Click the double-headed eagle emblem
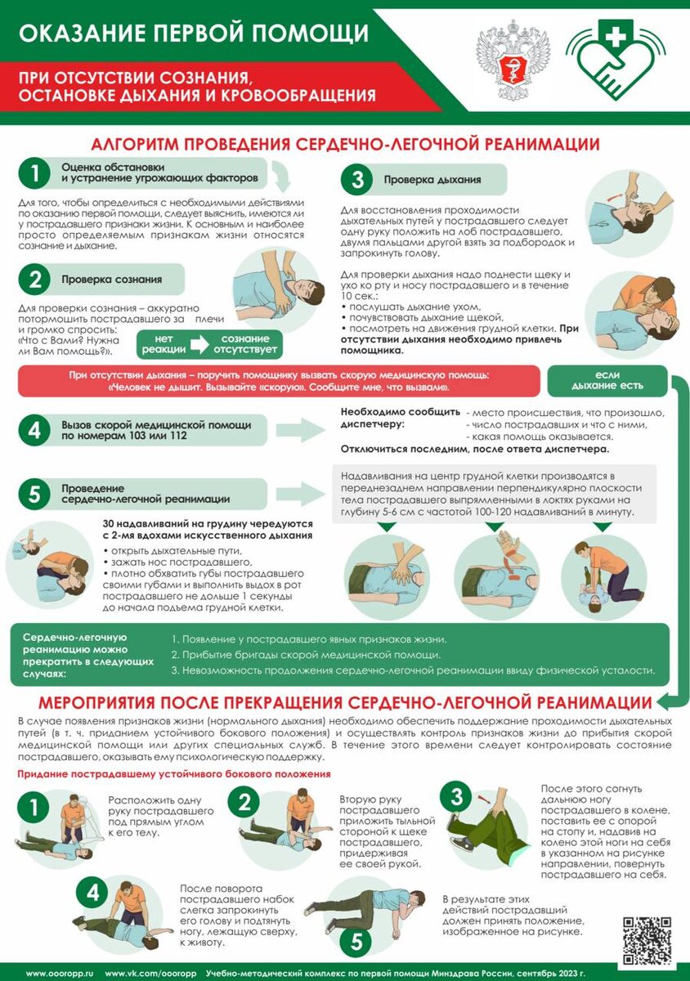pos(513,60)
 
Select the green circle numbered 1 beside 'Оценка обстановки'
pos(34,173)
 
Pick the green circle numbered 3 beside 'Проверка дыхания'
pos(357,180)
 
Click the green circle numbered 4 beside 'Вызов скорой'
pos(34,430)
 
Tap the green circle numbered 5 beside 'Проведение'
pos(34,494)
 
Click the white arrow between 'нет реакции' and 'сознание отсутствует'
pos(199,344)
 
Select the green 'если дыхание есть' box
pos(607,380)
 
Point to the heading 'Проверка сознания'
pos(111,280)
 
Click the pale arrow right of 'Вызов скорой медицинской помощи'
pos(301,430)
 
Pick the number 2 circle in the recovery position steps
pos(244,802)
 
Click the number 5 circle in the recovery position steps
pos(357,942)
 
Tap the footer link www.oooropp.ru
pos(60,973)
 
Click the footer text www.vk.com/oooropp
pos(150,973)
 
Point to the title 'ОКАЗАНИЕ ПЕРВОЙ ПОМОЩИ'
pos(194,34)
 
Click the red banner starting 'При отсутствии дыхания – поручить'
pos(279,381)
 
